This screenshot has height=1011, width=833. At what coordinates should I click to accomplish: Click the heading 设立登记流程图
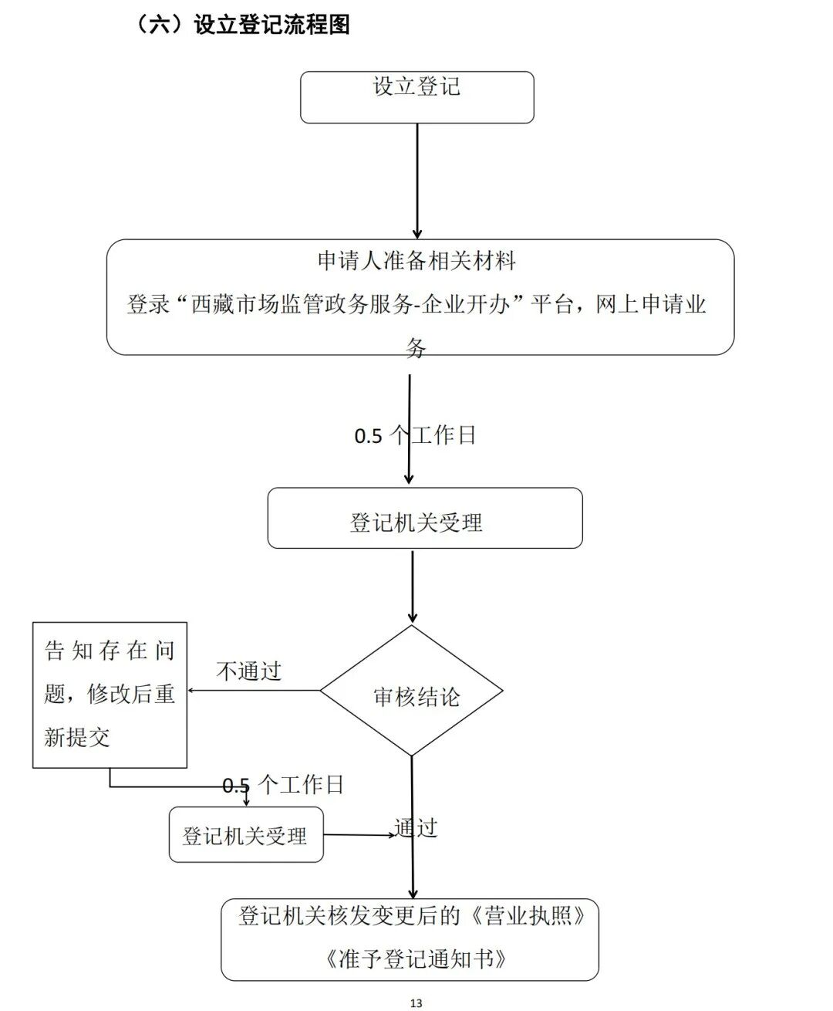click(x=271, y=25)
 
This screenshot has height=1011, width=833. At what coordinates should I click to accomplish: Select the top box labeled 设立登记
click(x=416, y=97)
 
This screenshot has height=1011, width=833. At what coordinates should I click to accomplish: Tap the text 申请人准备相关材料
click(x=416, y=261)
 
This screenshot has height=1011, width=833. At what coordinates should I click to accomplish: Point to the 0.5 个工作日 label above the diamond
click(x=415, y=436)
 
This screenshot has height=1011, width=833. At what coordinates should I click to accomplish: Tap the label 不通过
click(x=249, y=671)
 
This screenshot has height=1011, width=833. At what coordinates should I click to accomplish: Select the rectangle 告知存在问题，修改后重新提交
click(x=110, y=695)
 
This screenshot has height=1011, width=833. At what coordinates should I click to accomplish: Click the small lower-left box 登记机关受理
click(x=245, y=835)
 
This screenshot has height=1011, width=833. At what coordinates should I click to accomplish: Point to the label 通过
click(x=417, y=828)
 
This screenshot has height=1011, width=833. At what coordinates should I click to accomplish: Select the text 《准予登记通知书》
click(x=416, y=959)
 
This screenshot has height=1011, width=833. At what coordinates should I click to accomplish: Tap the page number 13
click(x=416, y=1003)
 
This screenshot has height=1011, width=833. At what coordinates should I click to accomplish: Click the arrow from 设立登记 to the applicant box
click(x=417, y=181)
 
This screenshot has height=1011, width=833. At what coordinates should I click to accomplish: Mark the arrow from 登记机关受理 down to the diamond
click(x=413, y=587)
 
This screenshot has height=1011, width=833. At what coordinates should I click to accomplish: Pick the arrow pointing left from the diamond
click(x=255, y=690)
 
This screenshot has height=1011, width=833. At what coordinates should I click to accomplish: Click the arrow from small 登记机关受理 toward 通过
click(x=359, y=834)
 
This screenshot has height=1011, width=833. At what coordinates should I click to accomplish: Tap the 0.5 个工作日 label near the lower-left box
click(x=283, y=786)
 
